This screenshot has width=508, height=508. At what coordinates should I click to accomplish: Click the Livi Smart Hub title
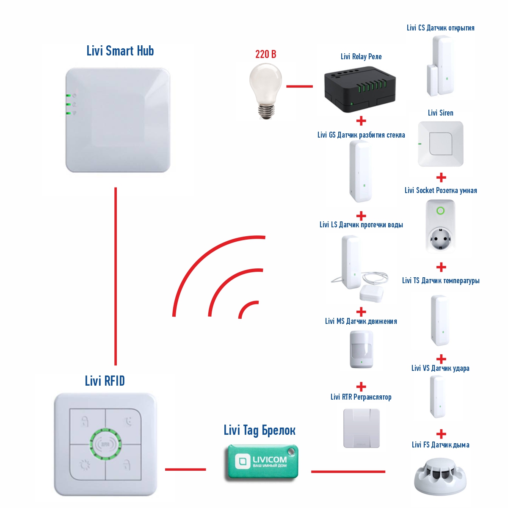(120, 51)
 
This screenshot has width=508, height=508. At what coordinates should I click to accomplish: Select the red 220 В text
(265, 54)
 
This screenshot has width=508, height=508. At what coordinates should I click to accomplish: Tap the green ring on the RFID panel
(105, 445)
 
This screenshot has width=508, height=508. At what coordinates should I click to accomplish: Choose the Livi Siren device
(441, 144)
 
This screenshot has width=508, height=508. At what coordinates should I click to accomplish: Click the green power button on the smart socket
(440, 211)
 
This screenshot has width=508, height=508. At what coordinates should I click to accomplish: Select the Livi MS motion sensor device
(361, 349)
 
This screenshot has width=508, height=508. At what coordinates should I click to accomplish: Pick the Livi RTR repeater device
(362, 428)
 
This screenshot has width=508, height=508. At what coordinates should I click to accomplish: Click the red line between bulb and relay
(299, 86)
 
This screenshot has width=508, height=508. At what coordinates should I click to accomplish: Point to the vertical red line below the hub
(116, 276)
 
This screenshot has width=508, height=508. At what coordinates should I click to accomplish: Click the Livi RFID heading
(105, 381)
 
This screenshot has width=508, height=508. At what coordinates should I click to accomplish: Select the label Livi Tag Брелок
(260, 430)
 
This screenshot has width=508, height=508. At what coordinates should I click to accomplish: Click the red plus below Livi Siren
(441, 177)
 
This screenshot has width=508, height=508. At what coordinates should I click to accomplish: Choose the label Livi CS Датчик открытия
(440, 28)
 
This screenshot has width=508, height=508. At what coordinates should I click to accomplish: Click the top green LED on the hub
(68, 95)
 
